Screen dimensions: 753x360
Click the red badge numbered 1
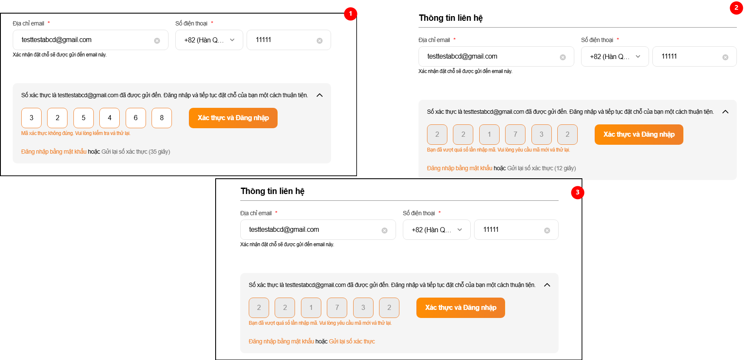tap(350, 14)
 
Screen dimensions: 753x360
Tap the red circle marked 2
tap(736, 8)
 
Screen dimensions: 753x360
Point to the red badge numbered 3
tap(578, 192)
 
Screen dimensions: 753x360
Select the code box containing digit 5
tap(84, 118)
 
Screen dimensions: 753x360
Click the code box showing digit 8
tap(162, 118)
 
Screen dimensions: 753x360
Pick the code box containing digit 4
tap(110, 118)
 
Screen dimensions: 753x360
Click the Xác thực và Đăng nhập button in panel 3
tap(461, 308)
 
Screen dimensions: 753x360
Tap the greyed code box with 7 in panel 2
tap(515, 135)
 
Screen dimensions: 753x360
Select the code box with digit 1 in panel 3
tap(311, 308)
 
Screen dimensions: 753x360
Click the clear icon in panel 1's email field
tap(157, 41)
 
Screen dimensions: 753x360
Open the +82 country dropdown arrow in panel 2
tap(638, 56)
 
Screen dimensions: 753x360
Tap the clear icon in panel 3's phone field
tap(547, 231)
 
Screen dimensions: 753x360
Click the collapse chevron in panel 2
tap(725, 112)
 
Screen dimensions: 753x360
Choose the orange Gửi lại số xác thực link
tap(352, 341)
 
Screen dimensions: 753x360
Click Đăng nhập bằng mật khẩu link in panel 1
tap(54, 152)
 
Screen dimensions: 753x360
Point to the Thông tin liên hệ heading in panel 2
tap(451, 18)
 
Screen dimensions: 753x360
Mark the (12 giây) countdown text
tap(565, 168)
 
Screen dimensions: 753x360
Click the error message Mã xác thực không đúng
tap(48, 133)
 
